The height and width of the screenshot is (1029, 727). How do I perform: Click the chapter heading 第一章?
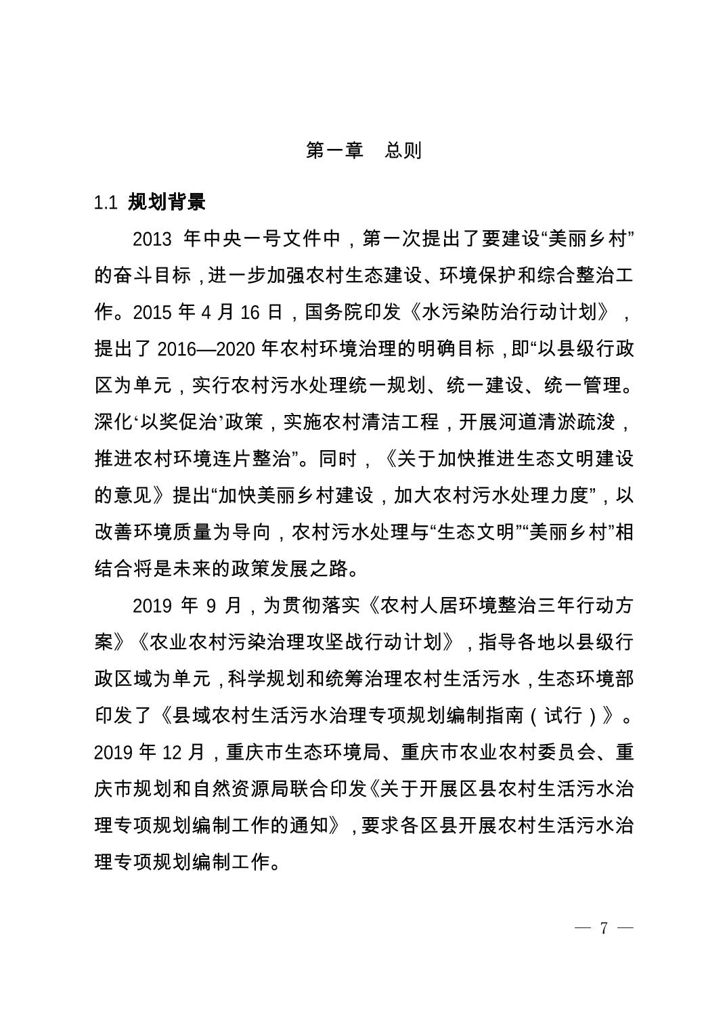[334, 150]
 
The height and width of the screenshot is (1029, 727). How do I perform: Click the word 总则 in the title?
[403, 150]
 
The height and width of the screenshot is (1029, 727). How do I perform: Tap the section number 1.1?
[106, 202]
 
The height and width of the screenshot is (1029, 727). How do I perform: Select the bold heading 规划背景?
[167, 202]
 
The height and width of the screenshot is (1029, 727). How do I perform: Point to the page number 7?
[604, 927]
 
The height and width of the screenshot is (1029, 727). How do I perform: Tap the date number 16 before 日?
[250, 313]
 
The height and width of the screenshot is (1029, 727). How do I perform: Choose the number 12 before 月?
[171, 752]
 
